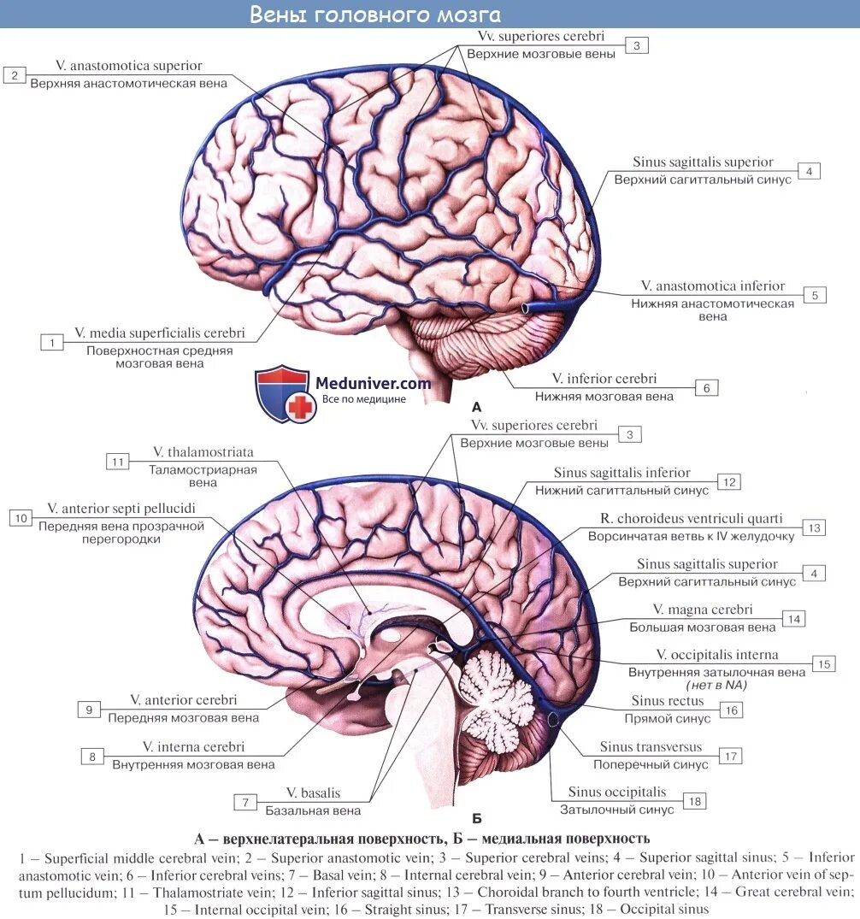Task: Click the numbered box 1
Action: coord(52,342)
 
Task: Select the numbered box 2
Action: coord(15,75)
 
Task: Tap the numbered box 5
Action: coord(815,295)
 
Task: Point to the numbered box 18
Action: coord(694,801)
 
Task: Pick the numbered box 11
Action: coord(118,462)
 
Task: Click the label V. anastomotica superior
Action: coord(129,66)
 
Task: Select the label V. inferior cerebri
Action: coord(604,379)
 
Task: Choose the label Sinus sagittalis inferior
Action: coord(621,473)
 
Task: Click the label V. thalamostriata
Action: coord(203,452)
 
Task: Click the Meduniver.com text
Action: coord(374,384)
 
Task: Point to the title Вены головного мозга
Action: coord(375,15)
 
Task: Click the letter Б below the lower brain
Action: coord(476,817)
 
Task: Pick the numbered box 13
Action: coord(814,527)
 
